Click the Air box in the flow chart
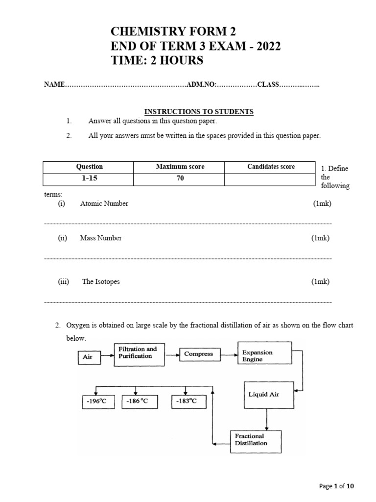(x=88, y=357)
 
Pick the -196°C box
(x=96, y=402)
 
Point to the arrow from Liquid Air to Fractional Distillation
(x=266, y=419)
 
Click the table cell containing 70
(x=180, y=179)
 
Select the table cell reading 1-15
(x=90, y=179)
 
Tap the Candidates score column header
(x=271, y=167)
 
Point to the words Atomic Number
(x=104, y=203)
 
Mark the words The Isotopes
(x=101, y=281)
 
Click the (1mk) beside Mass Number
(x=321, y=238)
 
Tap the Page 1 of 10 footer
(x=335, y=486)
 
